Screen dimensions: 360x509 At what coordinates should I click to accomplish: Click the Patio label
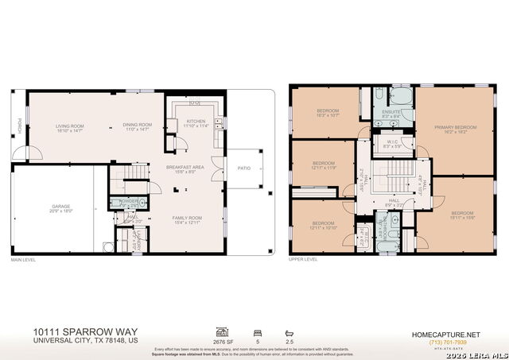click(244, 168)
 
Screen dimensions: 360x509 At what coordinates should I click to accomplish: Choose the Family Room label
click(188, 219)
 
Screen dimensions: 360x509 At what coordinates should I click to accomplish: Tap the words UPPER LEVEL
click(303, 259)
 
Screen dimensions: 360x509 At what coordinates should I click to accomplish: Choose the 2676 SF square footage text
click(223, 343)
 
